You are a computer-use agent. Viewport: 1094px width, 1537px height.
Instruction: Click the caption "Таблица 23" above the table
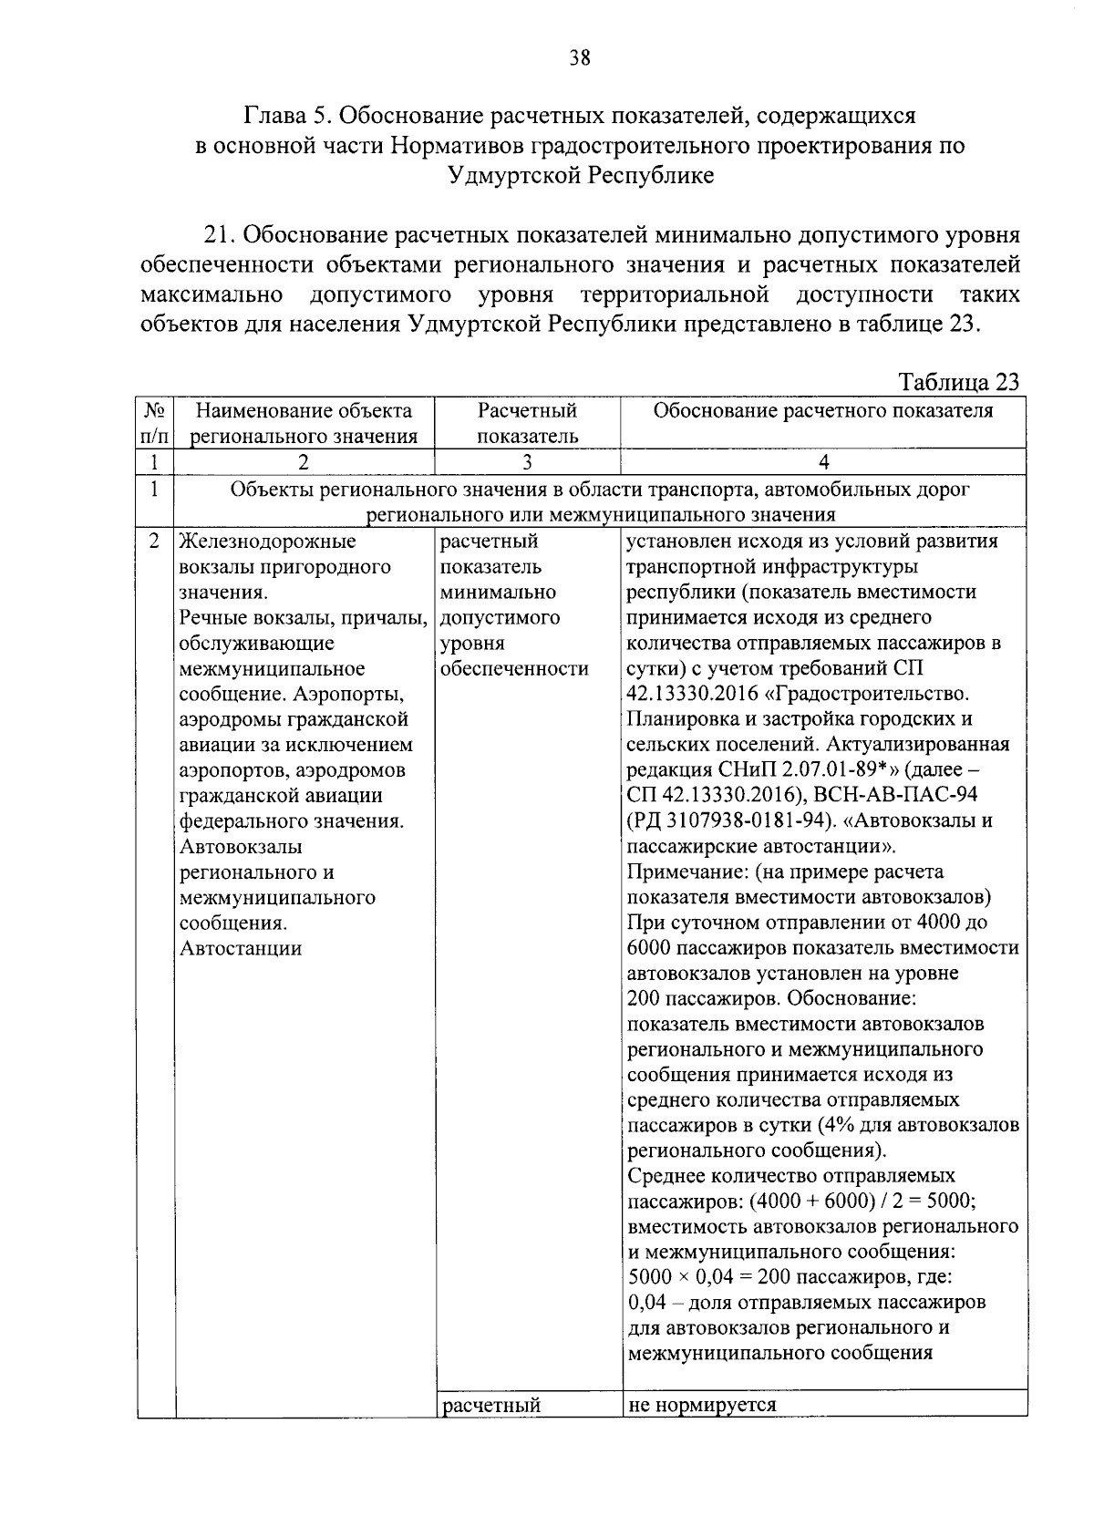pos(959,381)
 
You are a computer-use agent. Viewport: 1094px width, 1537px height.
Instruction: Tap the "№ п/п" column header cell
pos(155,423)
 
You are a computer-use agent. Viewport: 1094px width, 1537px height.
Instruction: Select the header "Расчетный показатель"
pos(527,423)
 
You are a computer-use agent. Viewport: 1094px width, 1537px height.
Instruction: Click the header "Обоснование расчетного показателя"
pos(823,411)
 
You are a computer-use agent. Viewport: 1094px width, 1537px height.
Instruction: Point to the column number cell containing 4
pos(823,461)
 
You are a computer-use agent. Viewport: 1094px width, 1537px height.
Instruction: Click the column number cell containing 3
pos(527,461)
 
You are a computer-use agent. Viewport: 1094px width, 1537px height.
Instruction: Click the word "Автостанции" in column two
pos(241,948)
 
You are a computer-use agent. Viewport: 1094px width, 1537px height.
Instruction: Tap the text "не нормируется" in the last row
pos(702,1404)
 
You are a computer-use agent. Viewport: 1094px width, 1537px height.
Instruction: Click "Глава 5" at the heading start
pos(284,117)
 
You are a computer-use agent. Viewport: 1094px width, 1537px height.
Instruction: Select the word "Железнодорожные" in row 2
pos(268,542)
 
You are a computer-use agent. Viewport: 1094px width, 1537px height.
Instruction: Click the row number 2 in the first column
pos(155,541)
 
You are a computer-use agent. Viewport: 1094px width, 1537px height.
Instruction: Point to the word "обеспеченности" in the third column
pos(514,668)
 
